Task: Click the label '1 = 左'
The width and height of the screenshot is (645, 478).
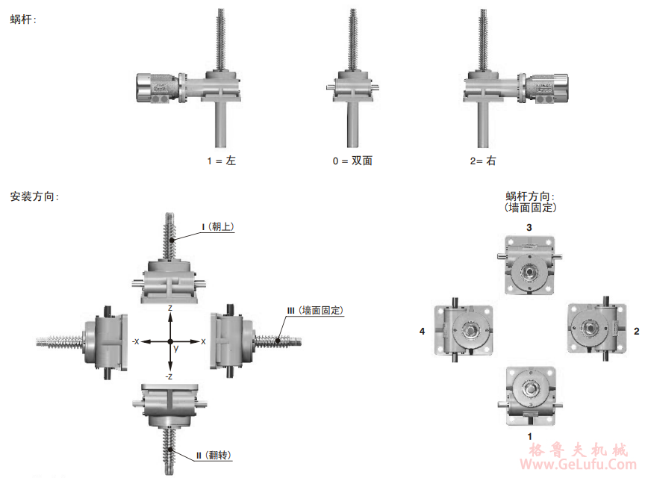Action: click(x=221, y=161)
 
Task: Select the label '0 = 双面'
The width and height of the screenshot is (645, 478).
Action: click(x=352, y=161)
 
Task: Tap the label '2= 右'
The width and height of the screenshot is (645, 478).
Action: click(x=483, y=161)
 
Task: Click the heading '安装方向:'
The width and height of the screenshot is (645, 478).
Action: click(x=34, y=196)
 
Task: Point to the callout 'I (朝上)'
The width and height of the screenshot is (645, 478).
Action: click(x=218, y=227)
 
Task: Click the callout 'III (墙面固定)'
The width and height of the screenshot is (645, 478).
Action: click(x=315, y=310)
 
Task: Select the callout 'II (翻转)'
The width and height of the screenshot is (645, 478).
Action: click(x=214, y=455)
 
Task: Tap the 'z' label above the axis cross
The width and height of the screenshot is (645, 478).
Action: click(x=170, y=308)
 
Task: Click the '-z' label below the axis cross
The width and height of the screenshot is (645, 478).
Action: click(x=169, y=376)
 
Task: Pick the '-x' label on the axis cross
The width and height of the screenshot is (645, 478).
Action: click(x=136, y=341)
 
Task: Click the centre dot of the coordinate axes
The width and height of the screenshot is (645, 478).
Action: click(x=170, y=341)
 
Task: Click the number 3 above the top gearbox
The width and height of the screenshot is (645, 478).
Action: click(x=529, y=227)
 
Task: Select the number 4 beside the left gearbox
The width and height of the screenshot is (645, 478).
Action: click(x=422, y=331)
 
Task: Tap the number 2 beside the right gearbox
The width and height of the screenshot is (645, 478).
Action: click(x=637, y=331)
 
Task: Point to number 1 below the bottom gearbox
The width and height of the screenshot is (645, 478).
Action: click(x=530, y=436)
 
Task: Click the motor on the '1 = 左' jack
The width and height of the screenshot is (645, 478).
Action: click(x=158, y=87)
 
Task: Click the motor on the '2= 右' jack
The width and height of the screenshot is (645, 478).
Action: click(x=547, y=87)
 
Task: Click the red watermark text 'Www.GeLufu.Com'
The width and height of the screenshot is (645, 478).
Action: click(x=579, y=464)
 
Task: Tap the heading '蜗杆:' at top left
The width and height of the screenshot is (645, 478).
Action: click(x=23, y=19)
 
